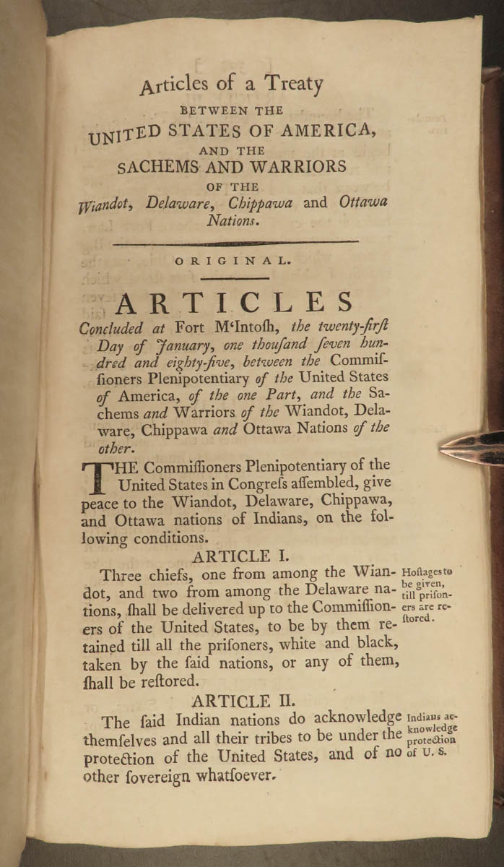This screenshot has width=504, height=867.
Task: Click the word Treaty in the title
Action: tap(292, 84)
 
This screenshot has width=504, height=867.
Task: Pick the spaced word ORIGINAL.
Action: tap(235, 263)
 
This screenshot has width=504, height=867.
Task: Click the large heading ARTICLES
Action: tap(228, 303)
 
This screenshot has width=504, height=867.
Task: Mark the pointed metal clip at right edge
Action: tap(469, 448)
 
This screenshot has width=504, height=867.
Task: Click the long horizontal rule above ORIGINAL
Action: tap(235, 243)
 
